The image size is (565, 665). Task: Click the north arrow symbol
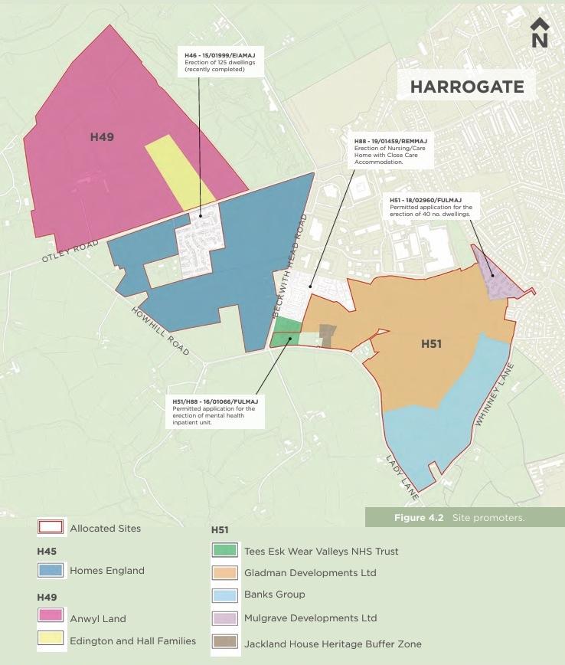click(540, 33)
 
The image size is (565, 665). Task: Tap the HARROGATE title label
click(467, 87)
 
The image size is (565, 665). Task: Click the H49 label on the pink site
click(102, 137)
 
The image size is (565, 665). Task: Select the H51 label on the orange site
click(431, 344)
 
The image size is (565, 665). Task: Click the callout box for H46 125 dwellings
click(222, 62)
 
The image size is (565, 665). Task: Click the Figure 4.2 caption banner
click(465, 518)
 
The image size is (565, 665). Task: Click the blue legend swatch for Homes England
click(50, 571)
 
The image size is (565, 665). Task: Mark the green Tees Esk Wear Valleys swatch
click(224, 550)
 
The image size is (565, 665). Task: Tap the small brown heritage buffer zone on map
click(327, 336)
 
